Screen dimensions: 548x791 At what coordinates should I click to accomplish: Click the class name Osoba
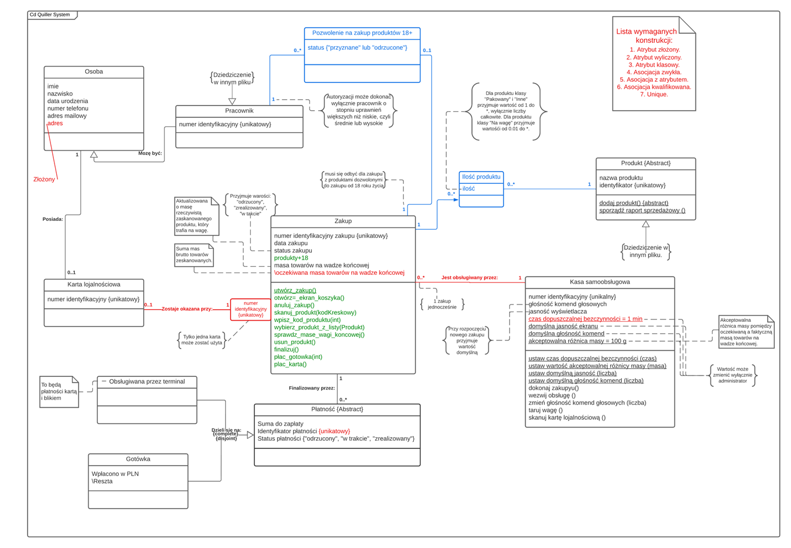[93, 72]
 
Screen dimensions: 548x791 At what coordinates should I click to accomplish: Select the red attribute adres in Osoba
[55, 124]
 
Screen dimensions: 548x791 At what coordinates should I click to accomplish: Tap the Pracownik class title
[239, 111]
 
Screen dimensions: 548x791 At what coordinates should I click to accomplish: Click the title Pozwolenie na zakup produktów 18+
[362, 33]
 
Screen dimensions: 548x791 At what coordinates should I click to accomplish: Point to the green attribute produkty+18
[291, 258]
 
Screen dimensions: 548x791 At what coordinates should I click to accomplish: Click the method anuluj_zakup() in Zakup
[294, 305]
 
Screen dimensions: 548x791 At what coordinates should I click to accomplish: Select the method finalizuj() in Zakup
[286, 350]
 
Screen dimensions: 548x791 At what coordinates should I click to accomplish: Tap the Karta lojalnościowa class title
[93, 285]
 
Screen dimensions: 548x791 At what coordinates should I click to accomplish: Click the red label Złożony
[44, 180]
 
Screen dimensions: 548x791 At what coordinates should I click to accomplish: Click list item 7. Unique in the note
[653, 95]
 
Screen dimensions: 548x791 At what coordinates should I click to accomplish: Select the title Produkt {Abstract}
[645, 164]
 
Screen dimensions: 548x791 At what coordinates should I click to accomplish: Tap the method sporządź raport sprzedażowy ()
[641, 211]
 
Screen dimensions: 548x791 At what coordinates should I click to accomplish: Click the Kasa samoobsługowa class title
[599, 282]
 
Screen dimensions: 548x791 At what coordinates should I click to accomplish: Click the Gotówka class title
[137, 459]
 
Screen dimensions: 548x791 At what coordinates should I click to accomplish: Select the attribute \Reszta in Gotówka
[102, 481]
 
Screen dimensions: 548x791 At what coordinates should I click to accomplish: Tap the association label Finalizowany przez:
[312, 388]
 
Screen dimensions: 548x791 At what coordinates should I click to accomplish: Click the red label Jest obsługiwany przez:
[469, 278]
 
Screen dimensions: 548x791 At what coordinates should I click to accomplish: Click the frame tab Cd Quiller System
[50, 15]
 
